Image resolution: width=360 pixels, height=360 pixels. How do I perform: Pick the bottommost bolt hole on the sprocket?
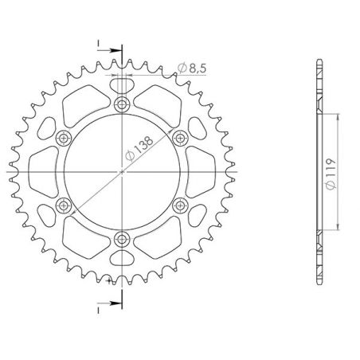[x=122, y=237]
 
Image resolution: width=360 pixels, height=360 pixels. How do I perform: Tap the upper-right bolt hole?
[x=179, y=137]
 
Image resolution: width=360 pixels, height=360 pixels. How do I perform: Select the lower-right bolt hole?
[x=179, y=204]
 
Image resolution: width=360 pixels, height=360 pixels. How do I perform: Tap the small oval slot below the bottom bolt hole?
[x=122, y=260]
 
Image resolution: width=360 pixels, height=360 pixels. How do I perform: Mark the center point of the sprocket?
[x=122, y=170]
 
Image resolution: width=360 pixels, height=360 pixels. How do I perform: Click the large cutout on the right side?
[x=201, y=170]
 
